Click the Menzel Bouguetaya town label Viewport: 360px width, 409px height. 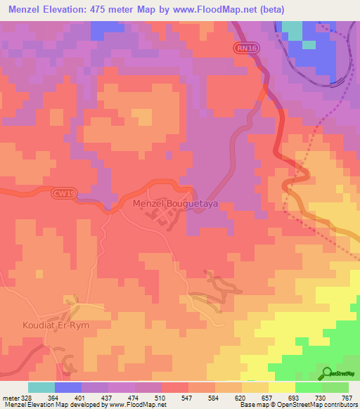click(176, 203)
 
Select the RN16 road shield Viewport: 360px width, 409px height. click(243, 47)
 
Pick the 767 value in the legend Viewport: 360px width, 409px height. click(347, 398)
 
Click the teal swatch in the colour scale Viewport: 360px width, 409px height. click(41, 387)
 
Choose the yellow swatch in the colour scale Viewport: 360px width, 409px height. click(281, 387)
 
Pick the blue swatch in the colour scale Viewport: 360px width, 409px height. click(68, 387)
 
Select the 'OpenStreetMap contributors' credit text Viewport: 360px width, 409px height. click(312, 405)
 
